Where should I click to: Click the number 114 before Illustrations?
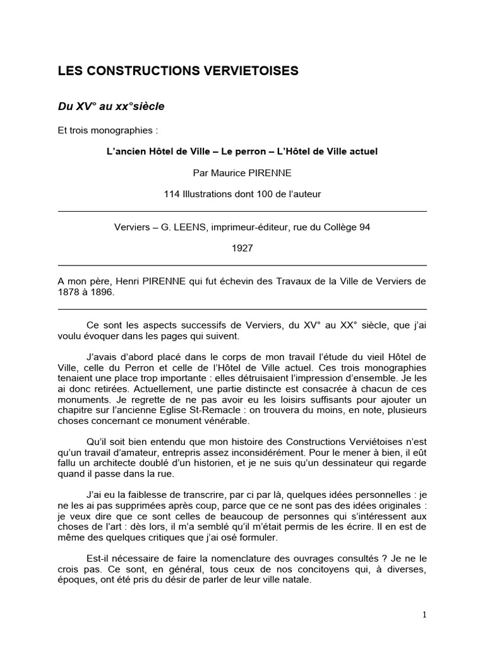[172, 194]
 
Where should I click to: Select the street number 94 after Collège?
[364, 227]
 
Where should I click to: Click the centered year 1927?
[242, 248]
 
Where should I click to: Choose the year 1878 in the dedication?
[68, 293]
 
